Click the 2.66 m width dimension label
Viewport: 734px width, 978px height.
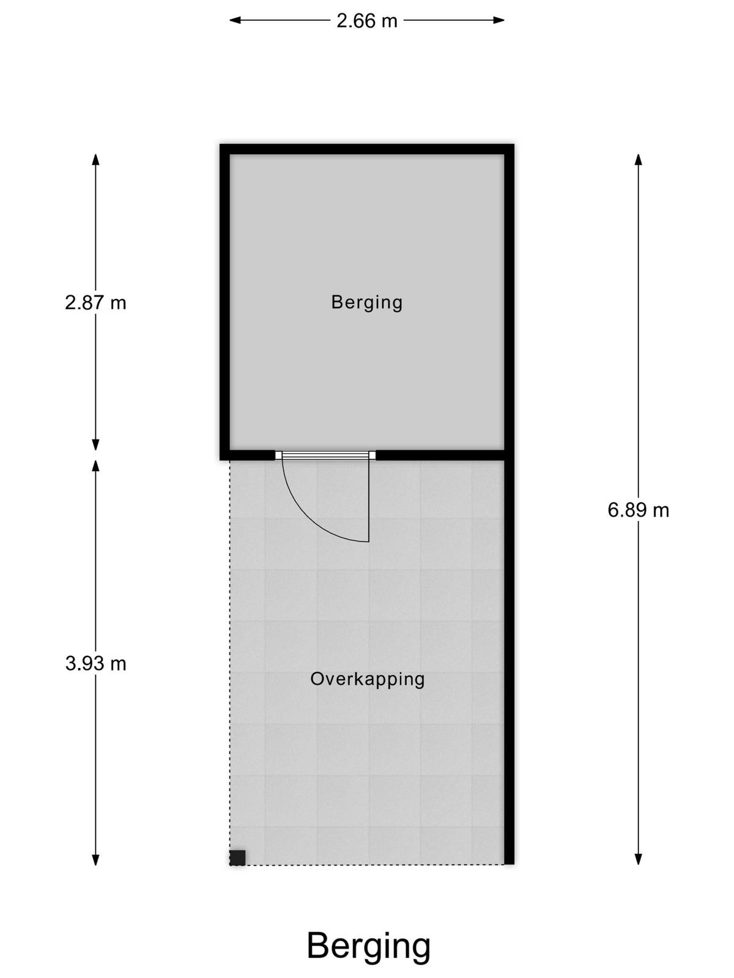point(366,21)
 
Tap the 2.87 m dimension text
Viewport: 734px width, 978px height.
point(95,303)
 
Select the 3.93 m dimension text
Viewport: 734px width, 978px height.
point(95,664)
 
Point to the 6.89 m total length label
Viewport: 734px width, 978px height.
point(638,510)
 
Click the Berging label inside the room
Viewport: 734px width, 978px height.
point(367,303)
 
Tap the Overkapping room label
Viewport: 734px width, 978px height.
point(367,680)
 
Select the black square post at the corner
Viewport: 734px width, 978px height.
point(237,858)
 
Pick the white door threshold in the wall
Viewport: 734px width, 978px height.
point(325,455)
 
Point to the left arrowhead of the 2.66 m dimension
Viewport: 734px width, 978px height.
point(235,20)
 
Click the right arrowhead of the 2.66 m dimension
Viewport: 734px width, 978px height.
point(499,20)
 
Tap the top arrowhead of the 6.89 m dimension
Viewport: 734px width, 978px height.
point(638,160)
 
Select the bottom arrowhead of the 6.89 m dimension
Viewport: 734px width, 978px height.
point(638,859)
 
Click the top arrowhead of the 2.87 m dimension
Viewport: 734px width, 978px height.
point(95,160)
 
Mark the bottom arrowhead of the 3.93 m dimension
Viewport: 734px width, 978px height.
point(95,859)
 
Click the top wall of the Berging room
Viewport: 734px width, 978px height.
point(367,149)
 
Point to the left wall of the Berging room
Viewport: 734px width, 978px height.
point(224,301)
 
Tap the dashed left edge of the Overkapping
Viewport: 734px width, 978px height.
point(230,655)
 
